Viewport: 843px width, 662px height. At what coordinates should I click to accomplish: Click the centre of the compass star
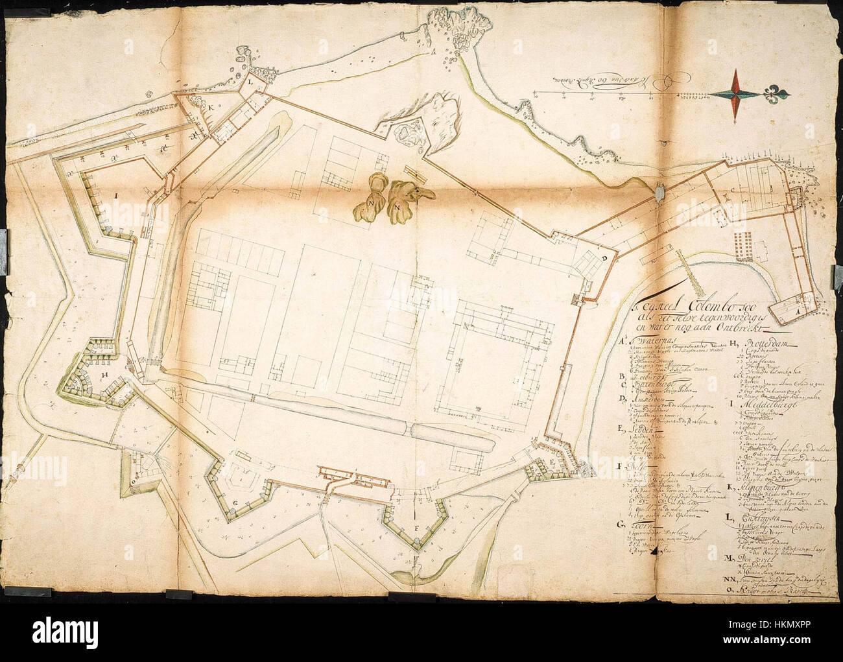(x=736, y=95)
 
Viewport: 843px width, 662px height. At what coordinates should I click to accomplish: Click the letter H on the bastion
(x=104, y=374)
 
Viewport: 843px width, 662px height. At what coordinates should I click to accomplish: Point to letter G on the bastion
(x=236, y=502)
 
